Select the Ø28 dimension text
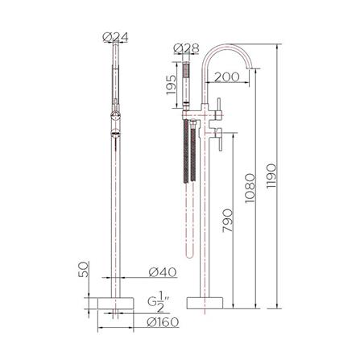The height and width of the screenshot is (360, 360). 188,48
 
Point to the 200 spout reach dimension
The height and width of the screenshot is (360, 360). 228,77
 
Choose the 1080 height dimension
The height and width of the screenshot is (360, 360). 250,187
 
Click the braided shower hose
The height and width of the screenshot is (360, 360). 191,161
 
